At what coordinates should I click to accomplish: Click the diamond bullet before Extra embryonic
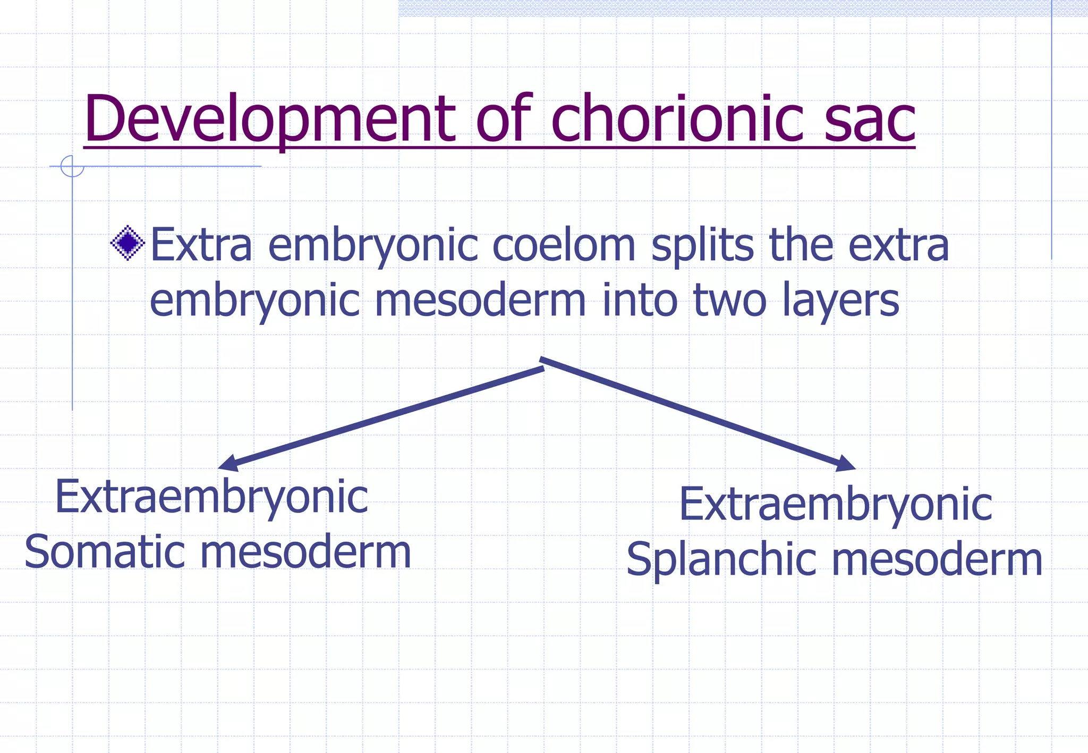128,243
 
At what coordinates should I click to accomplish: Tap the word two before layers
730,300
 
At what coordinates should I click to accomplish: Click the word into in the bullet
640,300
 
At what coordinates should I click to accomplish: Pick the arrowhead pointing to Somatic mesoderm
228,464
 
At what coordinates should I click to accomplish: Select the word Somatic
104,552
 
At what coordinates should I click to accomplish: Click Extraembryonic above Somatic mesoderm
211,498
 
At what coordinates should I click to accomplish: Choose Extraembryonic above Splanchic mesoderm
835,504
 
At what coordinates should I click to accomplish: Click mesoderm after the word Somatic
305,552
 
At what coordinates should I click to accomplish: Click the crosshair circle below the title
72,166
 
